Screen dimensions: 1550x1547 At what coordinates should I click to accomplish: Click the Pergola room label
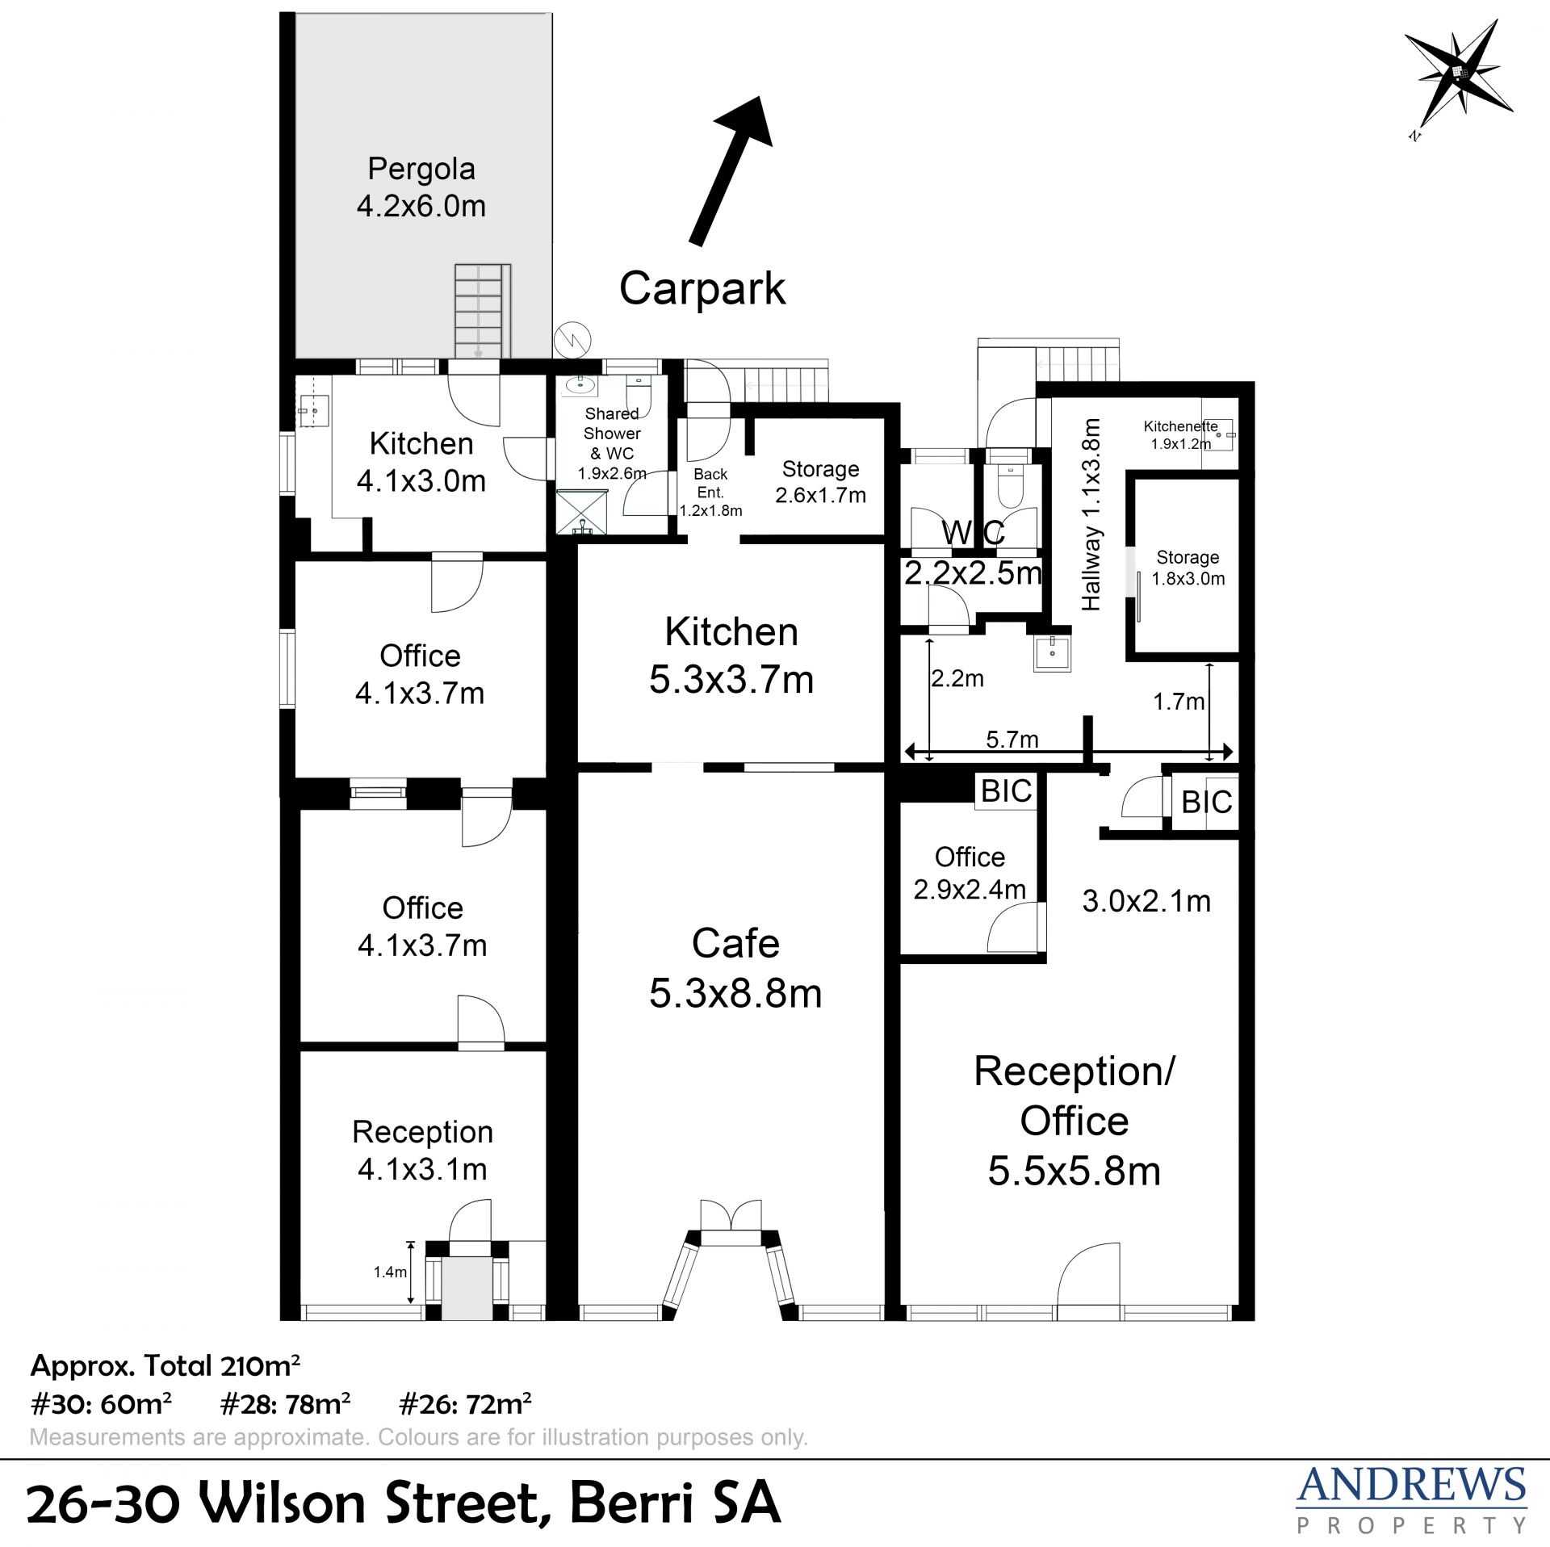pyautogui.click(x=421, y=187)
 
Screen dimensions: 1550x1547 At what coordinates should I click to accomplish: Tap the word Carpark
pyautogui.click(x=702, y=289)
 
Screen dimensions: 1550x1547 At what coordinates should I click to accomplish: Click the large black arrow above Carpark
pyautogui.click(x=731, y=170)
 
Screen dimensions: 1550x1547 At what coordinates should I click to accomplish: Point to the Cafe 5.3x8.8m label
pyautogui.click(x=735, y=968)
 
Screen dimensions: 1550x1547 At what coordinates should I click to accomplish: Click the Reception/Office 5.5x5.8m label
pyautogui.click(x=1075, y=1121)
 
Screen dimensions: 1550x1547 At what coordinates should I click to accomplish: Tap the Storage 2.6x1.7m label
pyautogui.click(x=821, y=482)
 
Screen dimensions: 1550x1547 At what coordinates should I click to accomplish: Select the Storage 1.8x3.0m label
pyautogui.click(x=1188, y=568)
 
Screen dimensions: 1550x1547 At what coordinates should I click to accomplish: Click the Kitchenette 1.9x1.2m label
pyautogui.click(x=1181, y=434)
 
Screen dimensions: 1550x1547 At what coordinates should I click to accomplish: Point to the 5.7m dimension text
pyautogui.click(x=1012, y=739)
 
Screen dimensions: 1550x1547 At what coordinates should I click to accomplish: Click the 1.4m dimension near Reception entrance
pyautogui.click(x=390, y=1272)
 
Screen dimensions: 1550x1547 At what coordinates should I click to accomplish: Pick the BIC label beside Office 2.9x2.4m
pyautogui.click(x=1006, y=791)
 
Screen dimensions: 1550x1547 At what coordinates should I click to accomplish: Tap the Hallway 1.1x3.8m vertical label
pyautogui.click(x=1091, y=514)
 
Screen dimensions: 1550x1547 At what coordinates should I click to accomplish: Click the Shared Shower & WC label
pyautogui.click(x=612, y=443)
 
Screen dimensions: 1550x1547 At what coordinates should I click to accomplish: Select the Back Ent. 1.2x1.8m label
pyautogui.click(x=710, y=493)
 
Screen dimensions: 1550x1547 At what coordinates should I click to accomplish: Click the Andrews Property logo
pyautogui.click(x=1411, y=1499)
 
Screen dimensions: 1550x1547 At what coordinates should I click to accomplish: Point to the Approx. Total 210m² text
pyautogui.click(x=165, y=1366)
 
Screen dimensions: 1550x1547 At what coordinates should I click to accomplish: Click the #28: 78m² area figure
pyautogui.click(x=285, y=1404)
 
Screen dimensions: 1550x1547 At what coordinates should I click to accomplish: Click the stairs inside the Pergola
pyautogui.click(x=482, y=311)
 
